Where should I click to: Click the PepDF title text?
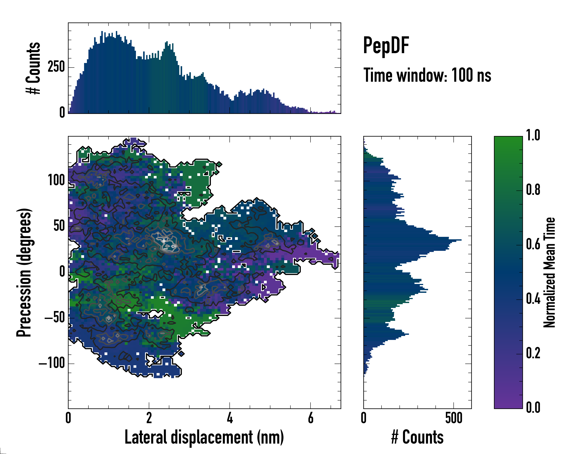(x=386, y=46)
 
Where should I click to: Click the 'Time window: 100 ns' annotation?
(x=427, y=75)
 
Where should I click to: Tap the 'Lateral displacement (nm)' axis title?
(x=204, y=437)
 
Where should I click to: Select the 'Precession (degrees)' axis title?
(x=24, y=272)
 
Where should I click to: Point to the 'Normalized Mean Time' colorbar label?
(x=549, y=272)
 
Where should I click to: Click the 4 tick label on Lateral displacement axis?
(x=230, y=418)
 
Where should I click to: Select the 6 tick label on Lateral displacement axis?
(x=311, y=418)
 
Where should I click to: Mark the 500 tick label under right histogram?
(x=454, y=418)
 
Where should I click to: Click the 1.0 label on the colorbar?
(x=533, y=136)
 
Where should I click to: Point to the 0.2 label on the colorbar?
(x=533, y=354)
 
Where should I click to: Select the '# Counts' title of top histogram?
(x=34, y=68)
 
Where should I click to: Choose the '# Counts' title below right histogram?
(x=417, y=437)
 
